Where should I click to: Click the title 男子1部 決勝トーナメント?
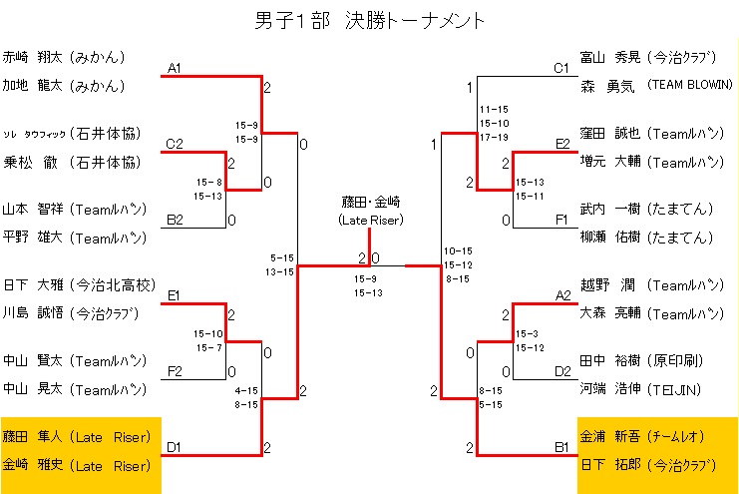(x=370, y=19)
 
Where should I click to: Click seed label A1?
(x=174, y=68)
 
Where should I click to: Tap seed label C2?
(x=175, y=145)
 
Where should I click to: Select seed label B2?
(x=175, y=221)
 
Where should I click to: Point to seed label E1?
(x=174, y=295)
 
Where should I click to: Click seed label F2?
(x=175, y=372)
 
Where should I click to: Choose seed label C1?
(x=561, y=68)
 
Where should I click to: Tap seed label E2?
(x=561, y=145)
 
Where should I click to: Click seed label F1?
(x=561, y=221)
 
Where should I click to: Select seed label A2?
(x=561, y=295)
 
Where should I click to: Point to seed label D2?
(x=561, y=372)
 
